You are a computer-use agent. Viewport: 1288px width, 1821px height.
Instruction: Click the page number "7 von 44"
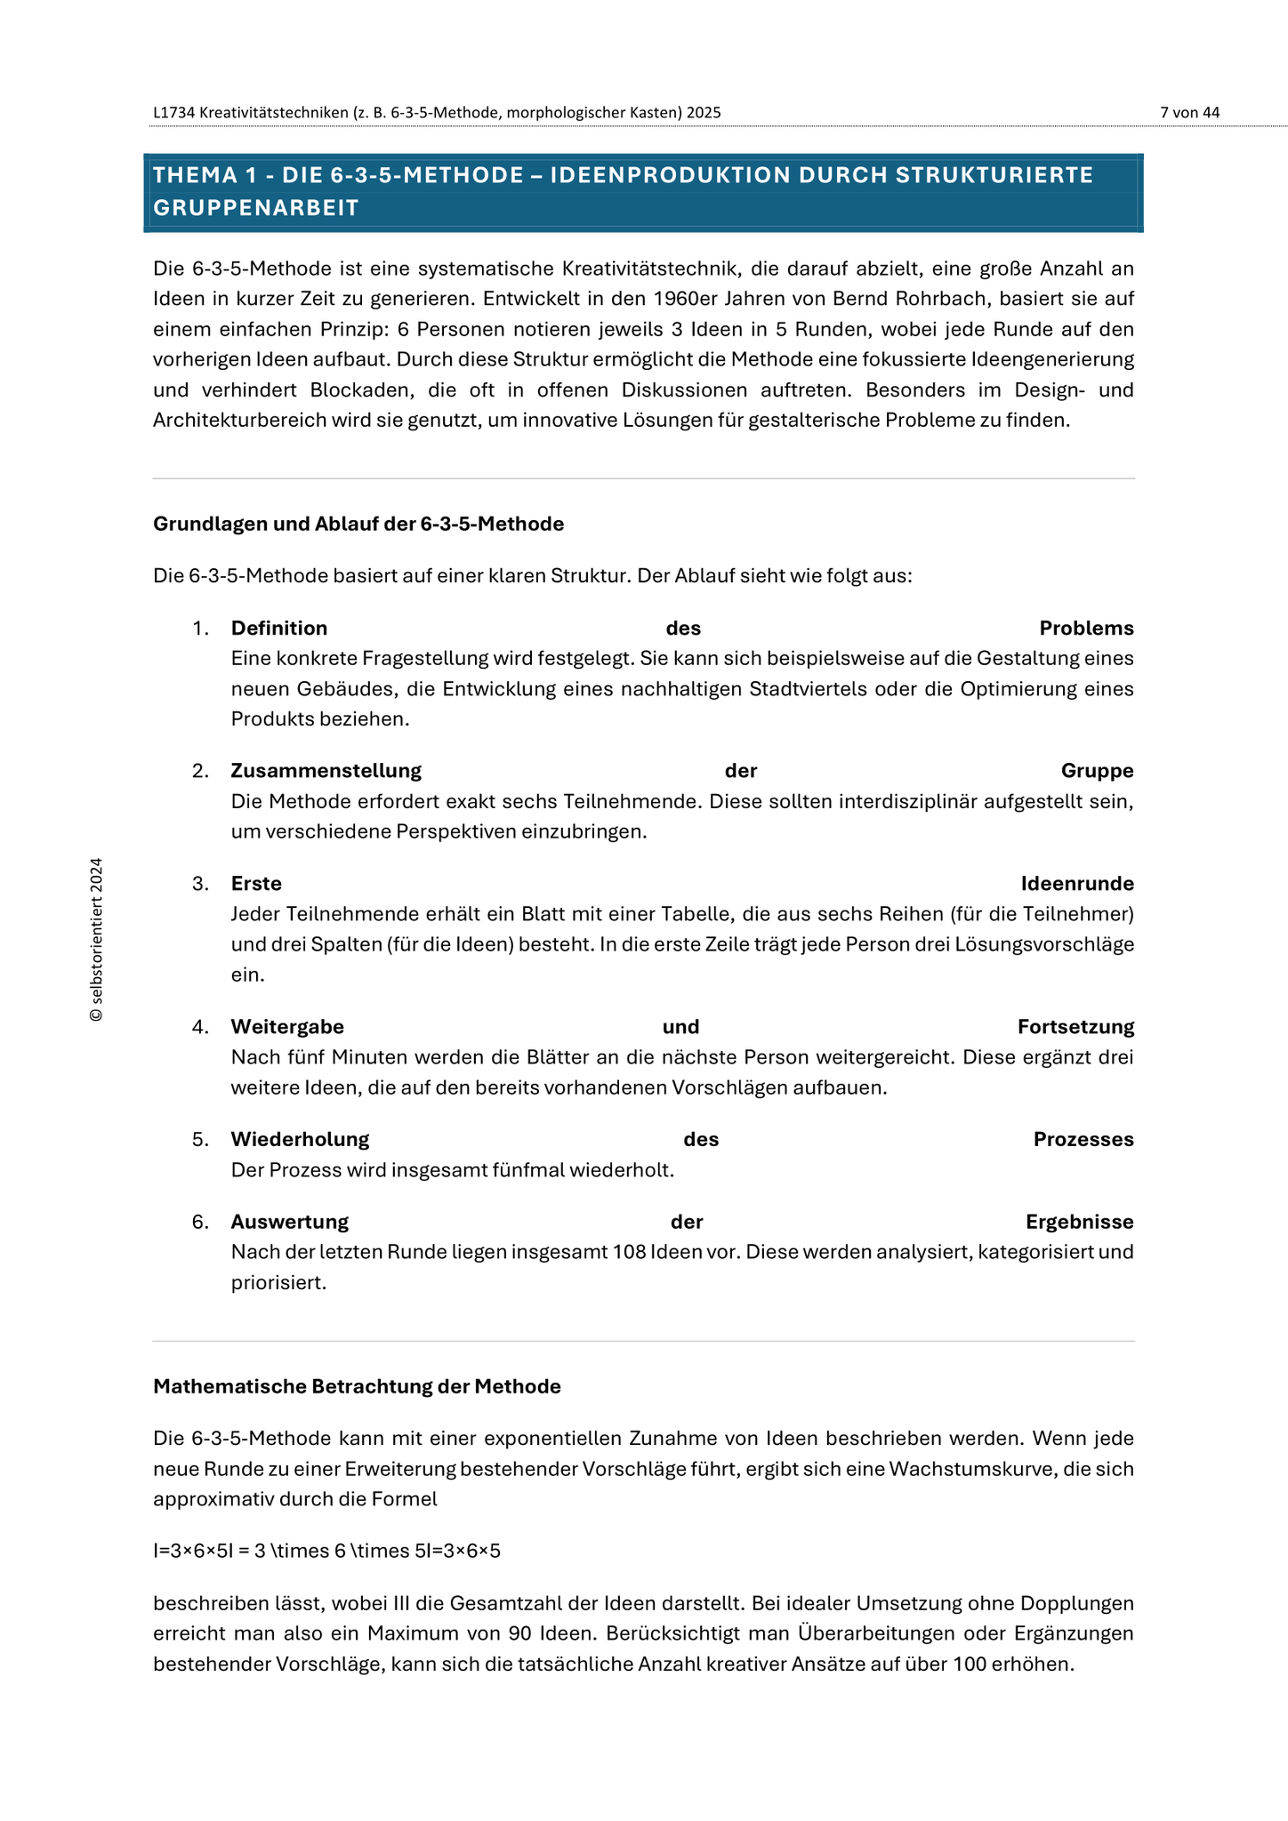tap(1189, 113)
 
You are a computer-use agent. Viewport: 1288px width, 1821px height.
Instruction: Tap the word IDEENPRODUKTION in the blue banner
tap(670, 175)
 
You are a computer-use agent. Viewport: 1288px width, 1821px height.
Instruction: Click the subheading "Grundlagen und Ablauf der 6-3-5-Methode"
tap(358, 524)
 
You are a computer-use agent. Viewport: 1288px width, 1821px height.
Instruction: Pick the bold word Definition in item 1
tap(279, 629)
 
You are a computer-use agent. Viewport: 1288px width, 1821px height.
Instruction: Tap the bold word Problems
tap(1086, 629)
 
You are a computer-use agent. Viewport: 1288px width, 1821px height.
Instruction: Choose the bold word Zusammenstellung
tap(326, 771)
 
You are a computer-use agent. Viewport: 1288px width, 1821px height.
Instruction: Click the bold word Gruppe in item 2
tap(1097, 771)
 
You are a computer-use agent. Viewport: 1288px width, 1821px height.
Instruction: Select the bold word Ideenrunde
tap(1077, 884)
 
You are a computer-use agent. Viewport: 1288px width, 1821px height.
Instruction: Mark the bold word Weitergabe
tap(287, 1027)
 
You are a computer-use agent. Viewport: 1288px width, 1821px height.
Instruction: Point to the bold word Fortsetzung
tap(1075, 1027)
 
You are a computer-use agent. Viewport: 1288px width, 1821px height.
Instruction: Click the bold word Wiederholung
tap(300, 1140)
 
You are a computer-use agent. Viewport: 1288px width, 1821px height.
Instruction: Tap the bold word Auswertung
tap(290, 1223)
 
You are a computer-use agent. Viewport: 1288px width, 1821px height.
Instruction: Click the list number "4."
tap(200, 1027)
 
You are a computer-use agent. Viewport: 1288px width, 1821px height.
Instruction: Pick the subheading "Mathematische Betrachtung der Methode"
tap(357, 1386)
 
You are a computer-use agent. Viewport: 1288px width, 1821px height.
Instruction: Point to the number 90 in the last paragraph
tap(520, 1633)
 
